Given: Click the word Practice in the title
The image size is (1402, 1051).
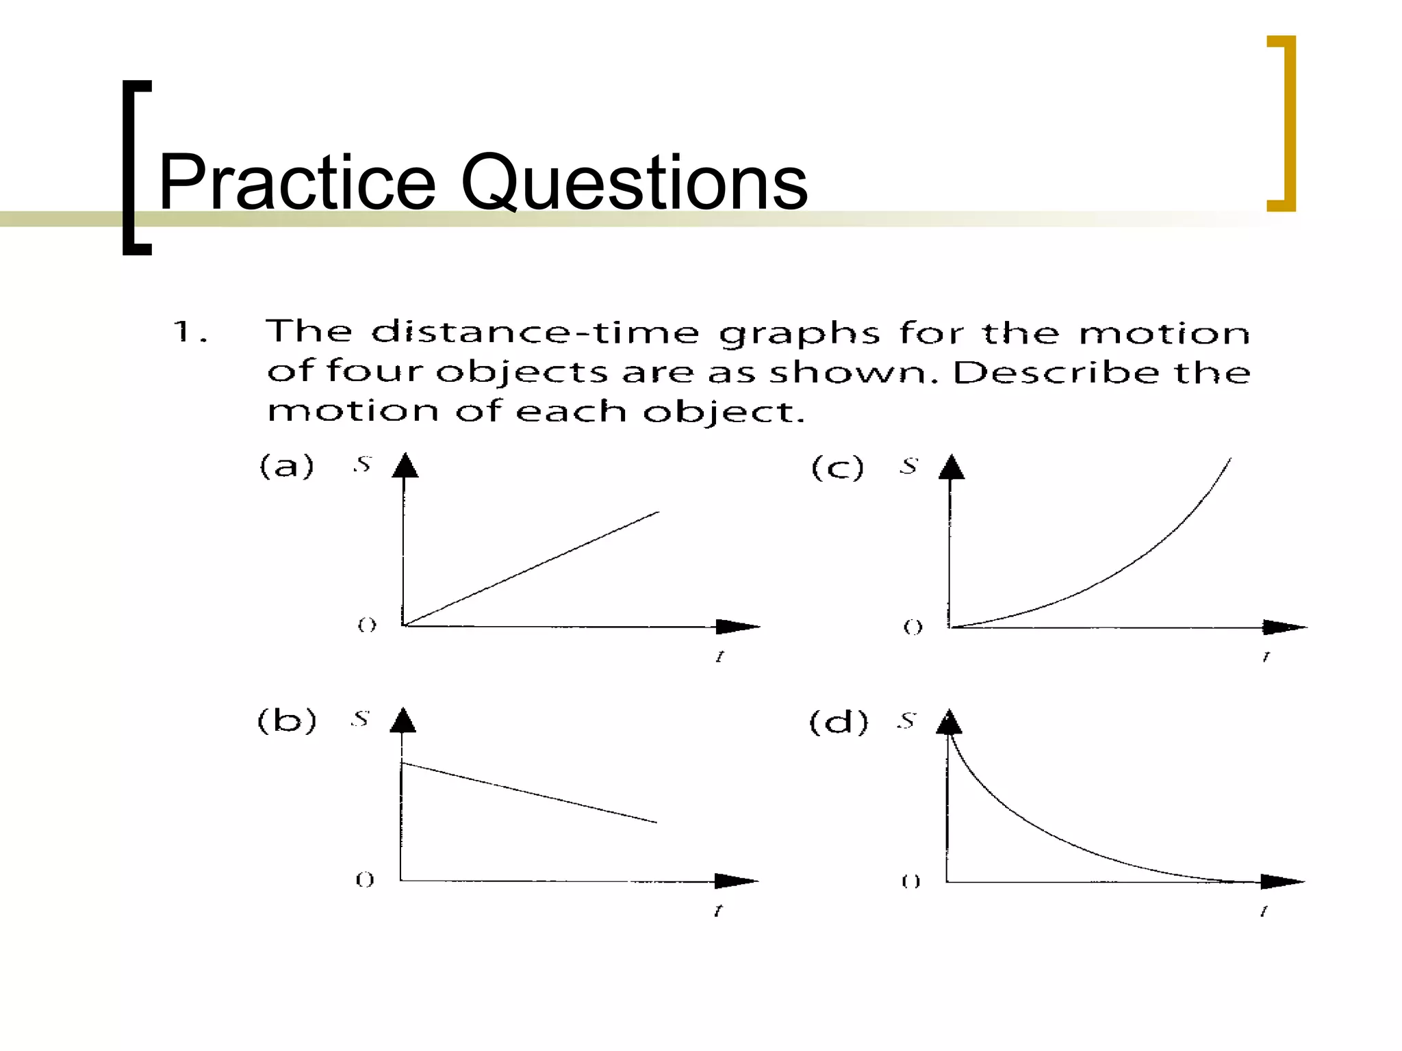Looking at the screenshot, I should click(296, 183).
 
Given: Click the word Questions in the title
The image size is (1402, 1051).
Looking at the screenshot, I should click(634, 183).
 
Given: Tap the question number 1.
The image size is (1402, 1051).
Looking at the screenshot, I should click(183, 332).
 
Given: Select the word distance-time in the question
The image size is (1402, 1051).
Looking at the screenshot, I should click(535, 333).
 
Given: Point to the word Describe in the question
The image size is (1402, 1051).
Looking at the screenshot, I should click(1056, 372).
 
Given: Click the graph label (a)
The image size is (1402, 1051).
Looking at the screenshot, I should click(287, 467).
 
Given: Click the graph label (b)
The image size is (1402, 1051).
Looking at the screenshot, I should click(287, 721).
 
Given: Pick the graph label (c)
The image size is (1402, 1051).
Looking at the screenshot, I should click(837, 468).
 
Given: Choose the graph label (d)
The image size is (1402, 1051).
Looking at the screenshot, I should click(839, 722).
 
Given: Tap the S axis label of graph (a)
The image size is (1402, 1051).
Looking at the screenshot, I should click(362, 465).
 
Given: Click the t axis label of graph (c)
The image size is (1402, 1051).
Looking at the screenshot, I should click(1266, 657).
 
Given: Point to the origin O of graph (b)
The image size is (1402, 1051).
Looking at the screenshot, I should click(365, 879).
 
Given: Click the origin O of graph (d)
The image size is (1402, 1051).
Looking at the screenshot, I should click(910, 881).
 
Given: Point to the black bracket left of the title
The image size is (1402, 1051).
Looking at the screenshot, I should click(134, 168).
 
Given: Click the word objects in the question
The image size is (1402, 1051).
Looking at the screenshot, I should click(522, 372).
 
